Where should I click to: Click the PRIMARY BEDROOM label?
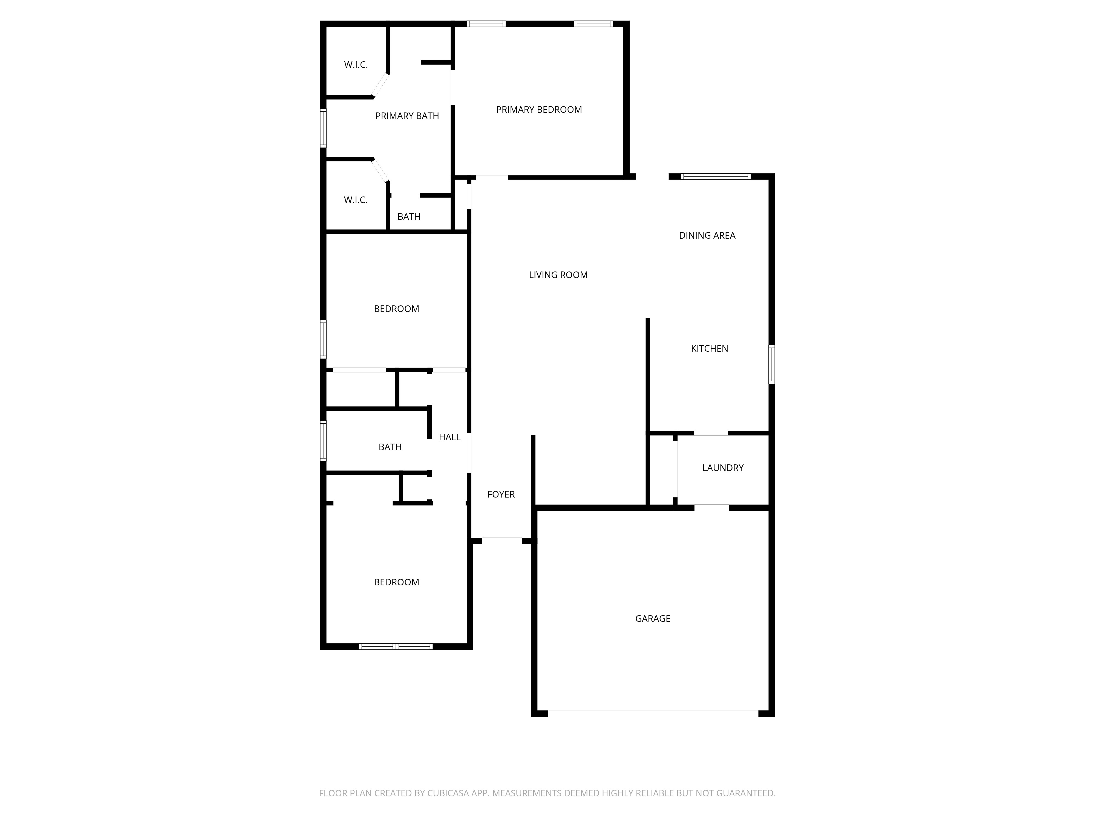538,110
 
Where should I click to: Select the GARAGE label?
652,618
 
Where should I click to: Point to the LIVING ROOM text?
558,275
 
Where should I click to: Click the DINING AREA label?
707,236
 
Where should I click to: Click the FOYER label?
501,495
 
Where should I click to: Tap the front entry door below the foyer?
502,541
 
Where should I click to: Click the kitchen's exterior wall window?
771,364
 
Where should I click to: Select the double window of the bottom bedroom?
396,646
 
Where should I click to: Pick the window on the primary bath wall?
323,128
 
